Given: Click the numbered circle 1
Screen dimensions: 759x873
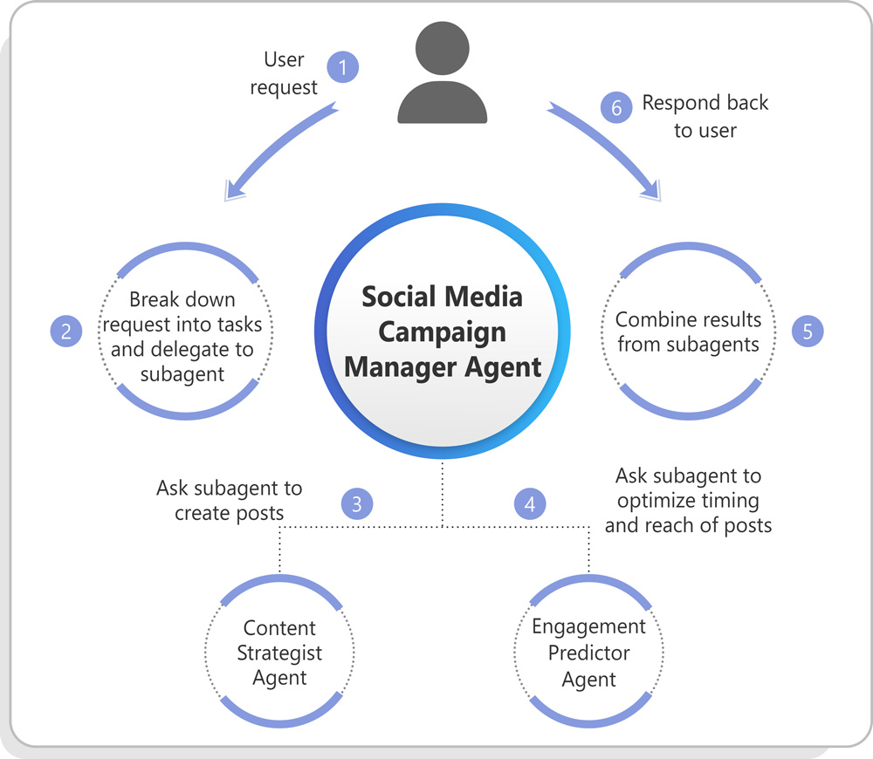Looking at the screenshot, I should pos(343,67).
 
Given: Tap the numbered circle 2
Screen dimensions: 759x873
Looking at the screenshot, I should pos(65,332).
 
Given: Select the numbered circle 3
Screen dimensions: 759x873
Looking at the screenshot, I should pos(356,503).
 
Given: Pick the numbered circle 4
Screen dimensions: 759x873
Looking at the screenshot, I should pos(530,503).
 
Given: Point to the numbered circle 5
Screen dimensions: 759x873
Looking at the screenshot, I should pos(808,332).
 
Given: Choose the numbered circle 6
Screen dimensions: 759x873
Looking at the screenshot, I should pos(616,106).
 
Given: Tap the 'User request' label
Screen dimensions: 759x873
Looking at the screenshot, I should pos(284,73).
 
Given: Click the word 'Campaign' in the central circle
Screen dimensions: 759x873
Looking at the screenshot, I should pos(443,332).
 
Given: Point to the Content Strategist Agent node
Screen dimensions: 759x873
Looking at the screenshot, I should pos(280,653).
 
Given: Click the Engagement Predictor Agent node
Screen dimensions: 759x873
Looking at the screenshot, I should pos(589,653).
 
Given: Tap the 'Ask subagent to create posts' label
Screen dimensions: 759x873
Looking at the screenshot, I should pos(230,500).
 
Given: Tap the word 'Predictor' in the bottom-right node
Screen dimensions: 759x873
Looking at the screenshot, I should pos(589,653).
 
